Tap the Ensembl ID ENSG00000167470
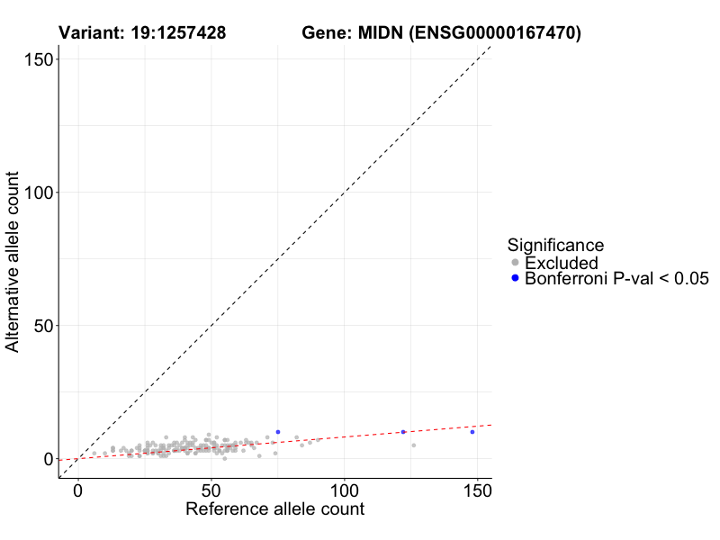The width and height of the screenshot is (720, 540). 494,34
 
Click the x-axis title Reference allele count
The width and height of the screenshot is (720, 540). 274,509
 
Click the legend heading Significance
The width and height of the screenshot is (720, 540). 555,245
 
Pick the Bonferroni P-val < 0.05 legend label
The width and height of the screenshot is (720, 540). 617,279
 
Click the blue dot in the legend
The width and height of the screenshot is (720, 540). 516,279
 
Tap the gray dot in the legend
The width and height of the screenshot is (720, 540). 516,263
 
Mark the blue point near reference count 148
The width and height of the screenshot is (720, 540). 472,432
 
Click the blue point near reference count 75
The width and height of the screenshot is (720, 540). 278,432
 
